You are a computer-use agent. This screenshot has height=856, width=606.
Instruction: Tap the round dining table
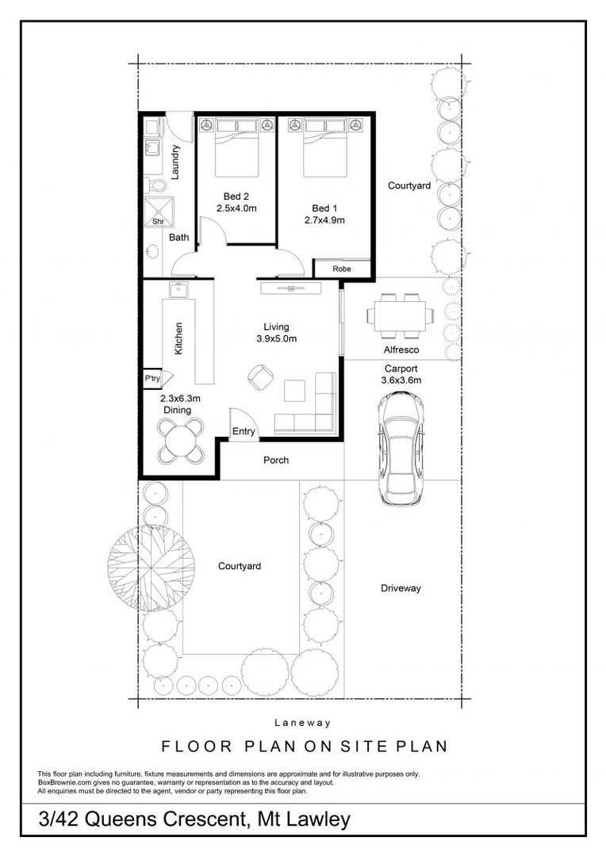pyautogui.click(x=182, y=441)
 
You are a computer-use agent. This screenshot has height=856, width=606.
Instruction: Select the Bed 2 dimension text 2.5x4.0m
pyautogui.click(x=236, y=208)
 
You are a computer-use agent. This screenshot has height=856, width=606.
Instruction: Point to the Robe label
pyautogui.click(x=341, y=269)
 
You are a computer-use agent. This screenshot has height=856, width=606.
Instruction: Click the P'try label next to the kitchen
pyautogui.click(x=152, y=380)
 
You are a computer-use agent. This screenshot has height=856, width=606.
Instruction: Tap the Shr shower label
pyautogui.click(x=158, y=222)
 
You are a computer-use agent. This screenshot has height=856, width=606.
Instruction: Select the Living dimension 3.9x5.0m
pyautogui.click(x=277, y=339)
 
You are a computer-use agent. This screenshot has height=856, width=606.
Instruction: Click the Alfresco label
pyautogui.click(x=401, y=350)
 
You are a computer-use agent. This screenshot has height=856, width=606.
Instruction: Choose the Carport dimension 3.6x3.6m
pyautogui.click(x=401, y=380)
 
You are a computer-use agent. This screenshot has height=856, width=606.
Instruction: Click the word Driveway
pyautogui.click(x=401, y=588)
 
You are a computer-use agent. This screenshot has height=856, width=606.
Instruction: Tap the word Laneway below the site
pyautogui.click(x=302, y=723)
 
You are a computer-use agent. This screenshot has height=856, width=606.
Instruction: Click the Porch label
pyautogui.click(x=276, y=460)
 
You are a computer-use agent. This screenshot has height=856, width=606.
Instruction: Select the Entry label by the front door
pyautogui.click(x=244, y=432)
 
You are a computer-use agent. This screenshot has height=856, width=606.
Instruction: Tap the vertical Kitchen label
pyautogui.click(x=179, y=338)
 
